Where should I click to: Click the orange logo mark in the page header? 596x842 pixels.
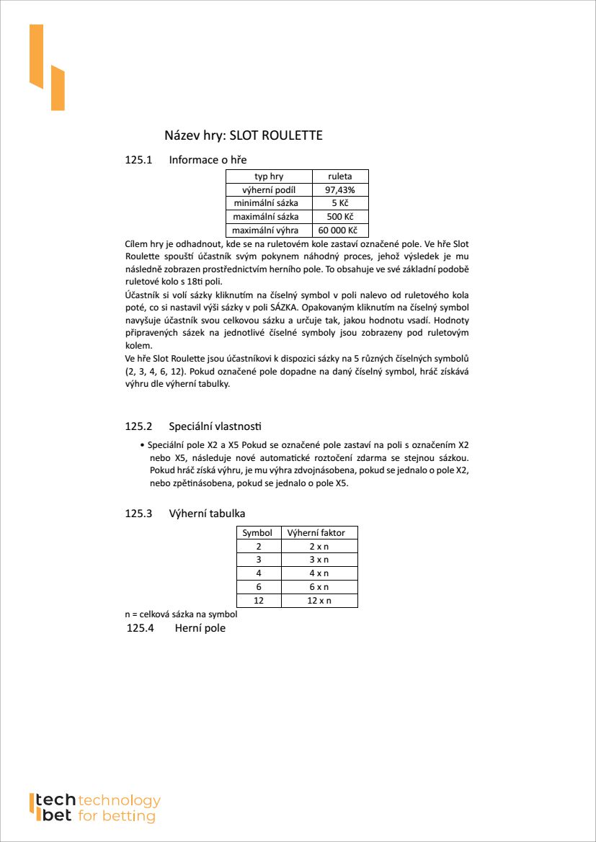pyautogui.click(x=47, y=68)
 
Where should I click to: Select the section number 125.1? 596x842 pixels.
pyautogui.click(x=139, y=160)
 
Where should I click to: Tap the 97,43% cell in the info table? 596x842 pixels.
pyautogui.click(x=340, y=190)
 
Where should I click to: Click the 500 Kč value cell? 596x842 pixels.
pyautogui.click(x=340, y=217)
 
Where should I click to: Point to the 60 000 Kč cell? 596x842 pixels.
pyautogui.click(x=340, y=230)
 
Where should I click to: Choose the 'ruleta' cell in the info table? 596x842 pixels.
pyautogui.click(x=340, y=176)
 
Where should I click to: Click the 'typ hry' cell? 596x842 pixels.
pyautogui.click(x=269, y=176)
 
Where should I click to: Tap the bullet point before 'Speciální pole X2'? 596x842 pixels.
pyautogui.click(x=142, y=445)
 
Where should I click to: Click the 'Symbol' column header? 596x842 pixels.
pyautogui.click(x=257, y=533)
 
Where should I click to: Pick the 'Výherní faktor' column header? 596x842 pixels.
pyautogui.click(x=316, y=533)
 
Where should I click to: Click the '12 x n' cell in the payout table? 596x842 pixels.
pyautogui.click(x=318, y=601)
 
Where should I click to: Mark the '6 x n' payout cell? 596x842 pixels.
pyautogui.click(x=318, y=587)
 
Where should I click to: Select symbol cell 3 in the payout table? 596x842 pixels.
pyautogui.click(x=258, y=560)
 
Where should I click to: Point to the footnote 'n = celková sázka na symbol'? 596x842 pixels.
pyautogui.click(x=181, y=615)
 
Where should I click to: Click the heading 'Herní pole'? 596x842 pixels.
pyautogui.click(x=200, y=629)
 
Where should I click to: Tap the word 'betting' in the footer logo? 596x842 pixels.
pyautogui.click(x=128, y=816)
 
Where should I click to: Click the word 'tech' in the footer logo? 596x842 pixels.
pyautogui.click(x=55, y=800)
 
